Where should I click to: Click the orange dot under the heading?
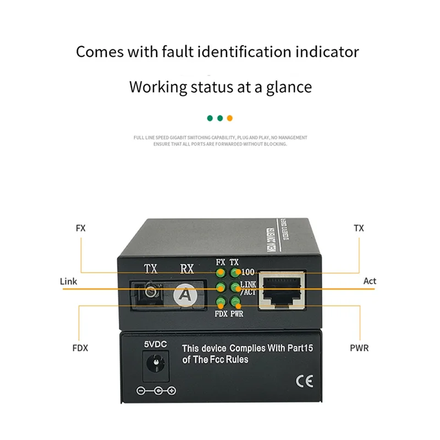click(230, 118)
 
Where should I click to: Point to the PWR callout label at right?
click(359, 348)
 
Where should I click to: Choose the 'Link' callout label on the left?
click(68, 281)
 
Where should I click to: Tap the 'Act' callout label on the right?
click(370, 281)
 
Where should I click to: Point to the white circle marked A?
click(186, 295)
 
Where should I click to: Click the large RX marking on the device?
click(187, 269)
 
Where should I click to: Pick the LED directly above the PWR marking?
click(235, 301)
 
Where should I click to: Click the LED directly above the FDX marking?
click(221, 301)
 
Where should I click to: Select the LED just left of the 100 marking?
click(235, 272)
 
